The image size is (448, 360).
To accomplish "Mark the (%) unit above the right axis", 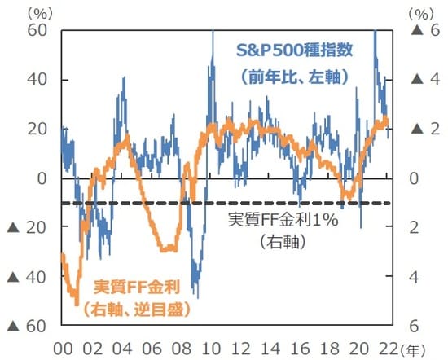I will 418,11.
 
